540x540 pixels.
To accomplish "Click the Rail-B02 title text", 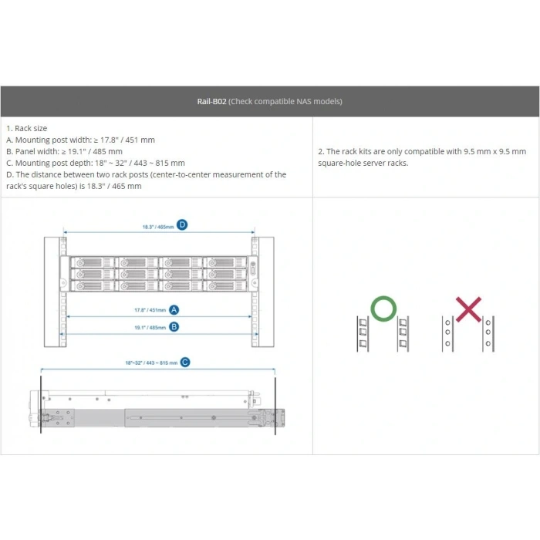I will pos(212,101).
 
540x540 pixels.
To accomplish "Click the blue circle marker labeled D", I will pos(182,225).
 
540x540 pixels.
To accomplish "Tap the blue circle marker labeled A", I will pos(174,309).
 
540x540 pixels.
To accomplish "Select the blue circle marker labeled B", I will pos(174,326).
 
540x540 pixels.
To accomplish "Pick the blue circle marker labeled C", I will pos(185,362).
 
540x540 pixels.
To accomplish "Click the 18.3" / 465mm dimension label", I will pos(157,226).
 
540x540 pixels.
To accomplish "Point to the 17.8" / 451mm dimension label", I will pos(150,310).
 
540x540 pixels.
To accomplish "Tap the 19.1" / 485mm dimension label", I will pos(150,327).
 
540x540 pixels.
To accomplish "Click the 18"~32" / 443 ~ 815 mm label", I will pos(151,363).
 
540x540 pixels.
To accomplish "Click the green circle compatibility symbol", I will pos(383,309).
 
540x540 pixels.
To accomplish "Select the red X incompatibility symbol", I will pos(468,309).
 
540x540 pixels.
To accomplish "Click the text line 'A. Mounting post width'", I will pos(80,140).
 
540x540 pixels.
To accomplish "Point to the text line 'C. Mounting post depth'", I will pos(95,163).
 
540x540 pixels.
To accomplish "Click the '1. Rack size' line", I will pos(26,128).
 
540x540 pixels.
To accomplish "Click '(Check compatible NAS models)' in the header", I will pos(285,101).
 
